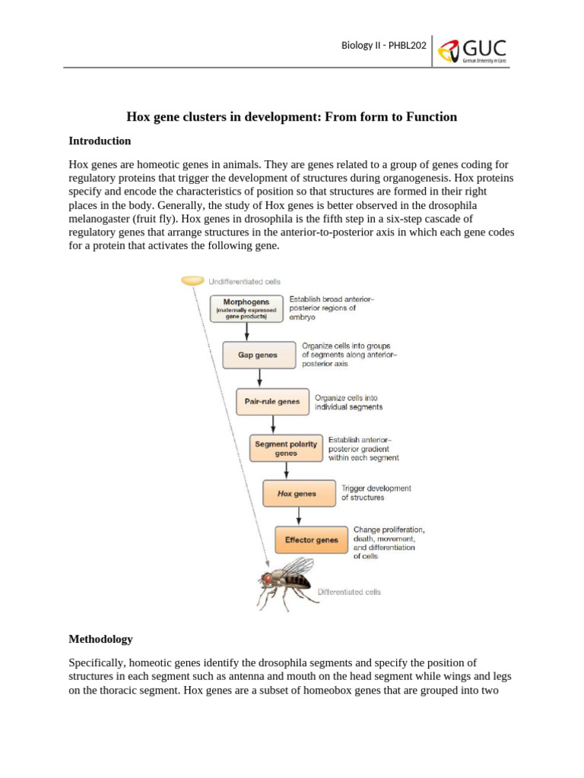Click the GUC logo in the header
[472, 51]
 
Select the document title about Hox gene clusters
[291, 116]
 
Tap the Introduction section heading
[100, 141]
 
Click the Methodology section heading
[100, 639]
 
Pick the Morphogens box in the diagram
[246, 308]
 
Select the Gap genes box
[257, 355]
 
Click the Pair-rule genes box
[272, 401]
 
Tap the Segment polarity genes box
[285, 448]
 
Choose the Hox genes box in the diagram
[298, 494]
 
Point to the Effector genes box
[311, 540]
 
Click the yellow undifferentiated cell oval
[192, 281]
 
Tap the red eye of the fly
[268, 579]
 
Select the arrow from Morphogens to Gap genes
[247, 332]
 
